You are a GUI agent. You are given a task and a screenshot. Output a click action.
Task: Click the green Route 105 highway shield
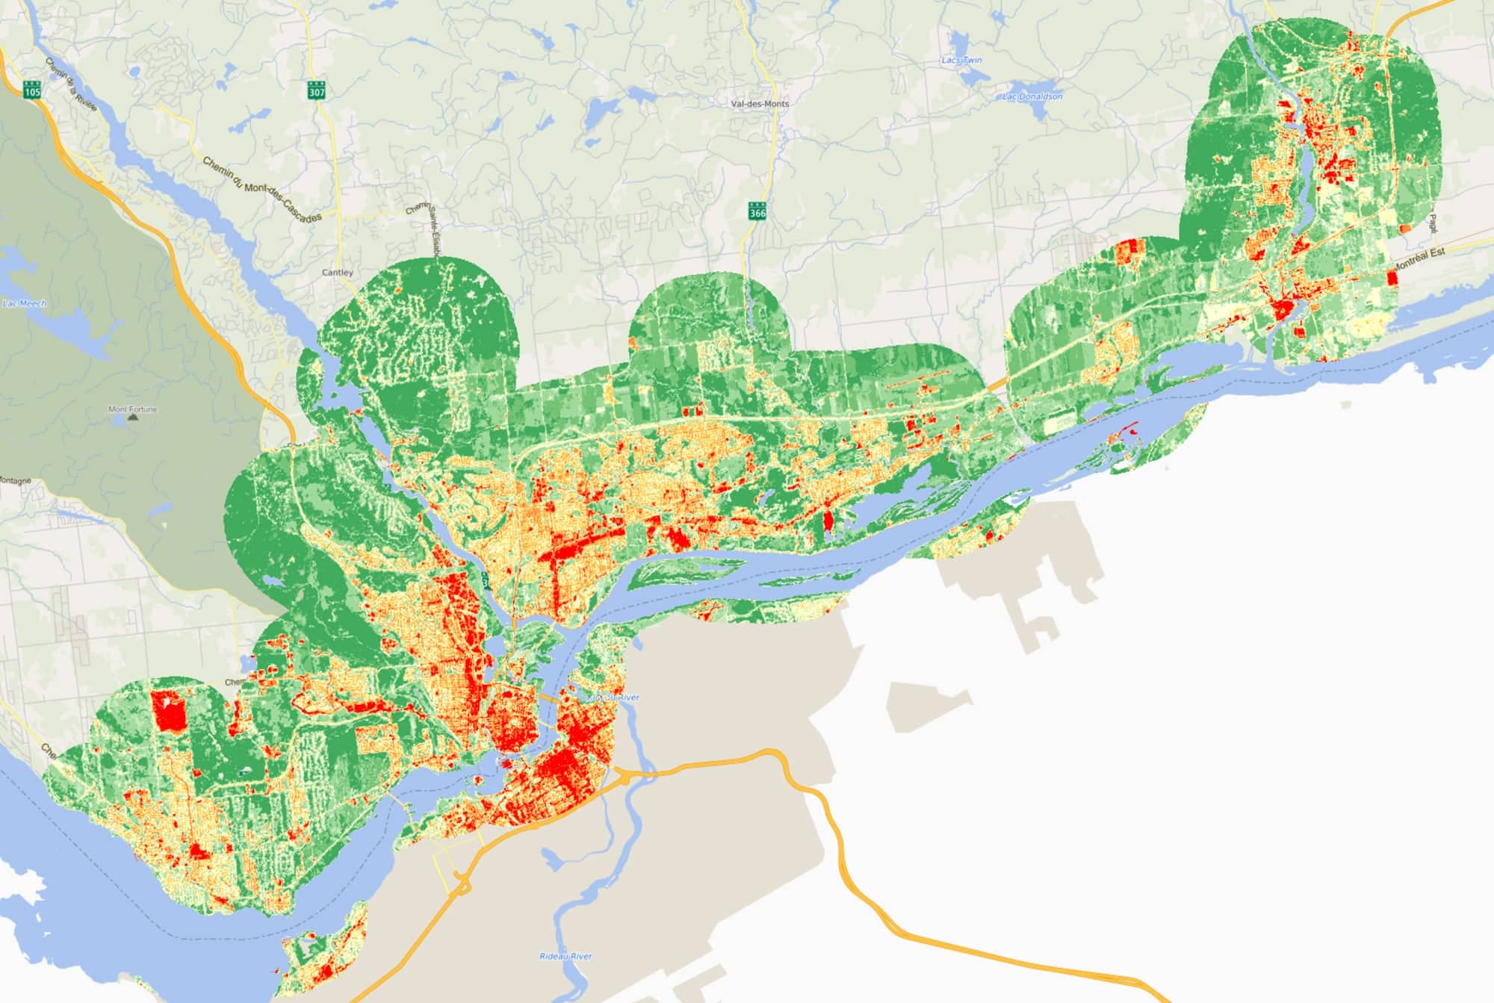pos(32,89)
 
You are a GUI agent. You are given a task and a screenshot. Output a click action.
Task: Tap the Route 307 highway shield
pos(316,90)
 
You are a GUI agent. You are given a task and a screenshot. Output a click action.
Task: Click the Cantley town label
pos(337,273)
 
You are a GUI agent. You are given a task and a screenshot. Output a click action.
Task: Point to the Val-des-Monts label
pos(760,104)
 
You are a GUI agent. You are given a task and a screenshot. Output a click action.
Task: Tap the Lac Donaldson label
pos(1032,96)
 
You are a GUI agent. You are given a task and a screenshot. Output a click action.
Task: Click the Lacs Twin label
pos(961,60)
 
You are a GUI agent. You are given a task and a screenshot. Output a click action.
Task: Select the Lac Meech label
pos(24,303)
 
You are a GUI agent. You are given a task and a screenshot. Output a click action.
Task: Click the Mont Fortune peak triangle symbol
pos(133,417)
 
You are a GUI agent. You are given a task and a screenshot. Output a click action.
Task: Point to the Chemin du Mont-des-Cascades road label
pos(261,187)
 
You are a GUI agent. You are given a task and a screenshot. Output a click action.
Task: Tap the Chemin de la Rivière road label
pos(71,84)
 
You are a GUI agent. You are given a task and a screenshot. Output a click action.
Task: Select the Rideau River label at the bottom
pos(565,956)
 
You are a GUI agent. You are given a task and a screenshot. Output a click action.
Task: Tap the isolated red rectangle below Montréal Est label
pos(1391,278)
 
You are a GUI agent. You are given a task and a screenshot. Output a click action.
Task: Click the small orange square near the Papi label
pos(1404,229)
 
